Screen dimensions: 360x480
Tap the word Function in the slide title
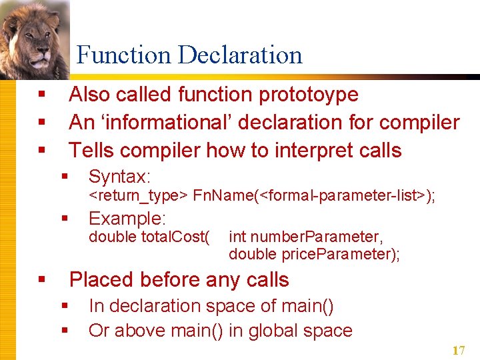pyautogui.click(x=123, y=55)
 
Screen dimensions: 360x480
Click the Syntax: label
pyautogui.click(x=120, y=177)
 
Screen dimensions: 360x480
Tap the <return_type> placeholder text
pyautogui.click(x=139, y=195)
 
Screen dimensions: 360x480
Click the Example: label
pyautogui.click(x=127, y=219)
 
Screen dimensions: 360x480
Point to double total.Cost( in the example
pyautogui.click(x=149, y=237)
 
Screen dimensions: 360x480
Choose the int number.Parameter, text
pyautogui.click(x=306, y=237)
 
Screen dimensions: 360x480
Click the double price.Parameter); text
pyautogui.click(x=314, y=254)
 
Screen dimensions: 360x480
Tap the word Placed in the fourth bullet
pyautogui.click(x=103, y=279)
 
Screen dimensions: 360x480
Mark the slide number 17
pyautogui.click(x=458, y=351)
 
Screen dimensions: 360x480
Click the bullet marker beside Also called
pyautogui.click(x=41, y=95)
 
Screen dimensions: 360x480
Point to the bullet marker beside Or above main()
pyautogui.click(x=65, y=331)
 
